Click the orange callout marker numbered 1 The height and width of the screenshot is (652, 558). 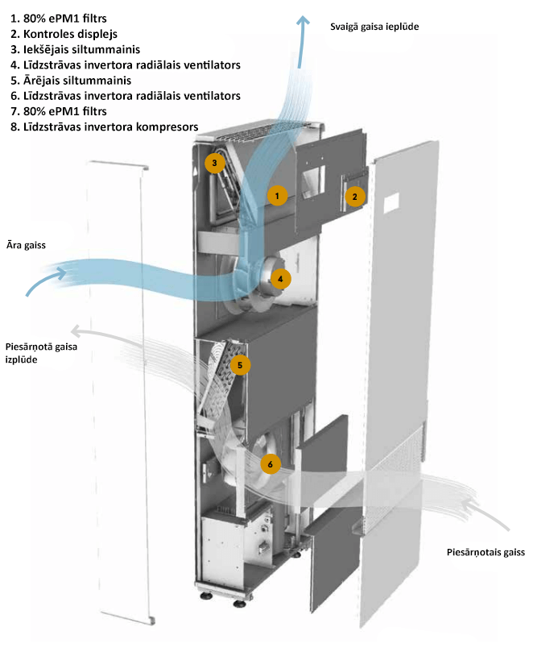pyautogui.click(x=276, y=195)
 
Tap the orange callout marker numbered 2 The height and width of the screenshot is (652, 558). pyautogui.click(x=353, y=195)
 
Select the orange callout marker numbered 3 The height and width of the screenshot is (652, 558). pyautogui.click(x=213, y=163)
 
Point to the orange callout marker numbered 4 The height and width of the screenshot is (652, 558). pyautogui.click(x=280, y=279)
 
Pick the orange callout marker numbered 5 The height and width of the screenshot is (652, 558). pyautogui.click(x=239, y=365)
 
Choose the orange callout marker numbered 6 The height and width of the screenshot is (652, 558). pyautogui.click(x=270, y=464)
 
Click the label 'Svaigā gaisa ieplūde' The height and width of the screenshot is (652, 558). pyautogui.click(x=374, y=27)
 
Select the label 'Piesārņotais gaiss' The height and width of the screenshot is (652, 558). pyautogui.click(x=486, y=553)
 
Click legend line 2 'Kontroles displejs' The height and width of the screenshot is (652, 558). pyautogui.click(x=65, y=34)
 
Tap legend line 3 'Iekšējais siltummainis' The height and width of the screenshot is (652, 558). pyautogui.click(x=76, y=49)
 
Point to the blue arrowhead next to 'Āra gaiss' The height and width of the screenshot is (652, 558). pyautogui.click(x=62, y=273)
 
